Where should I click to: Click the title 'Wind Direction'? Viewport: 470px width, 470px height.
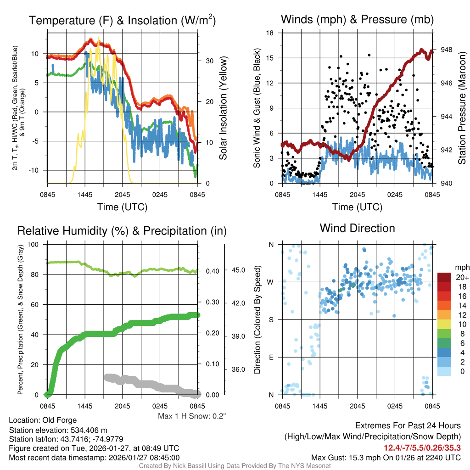tap(357, 228)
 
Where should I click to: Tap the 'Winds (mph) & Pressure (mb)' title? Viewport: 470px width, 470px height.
tap(357, 19)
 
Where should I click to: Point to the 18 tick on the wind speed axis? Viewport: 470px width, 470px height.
tap(271, 33)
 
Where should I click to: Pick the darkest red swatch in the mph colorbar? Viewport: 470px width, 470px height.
tap(445, 277)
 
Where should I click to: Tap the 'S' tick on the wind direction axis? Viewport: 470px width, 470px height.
tap(271, 319)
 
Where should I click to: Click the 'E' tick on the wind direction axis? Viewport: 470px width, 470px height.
tap(271, 357)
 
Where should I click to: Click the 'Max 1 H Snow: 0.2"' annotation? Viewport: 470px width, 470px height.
tap(192, 416)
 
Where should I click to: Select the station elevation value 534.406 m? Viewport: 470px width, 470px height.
tap(90, 430)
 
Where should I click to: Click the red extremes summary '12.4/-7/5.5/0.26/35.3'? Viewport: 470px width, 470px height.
tap(422, 447)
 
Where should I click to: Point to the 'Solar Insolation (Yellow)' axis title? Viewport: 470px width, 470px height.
tap(223, 108)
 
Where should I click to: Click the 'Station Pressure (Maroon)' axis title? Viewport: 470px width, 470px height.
tap(462, 108)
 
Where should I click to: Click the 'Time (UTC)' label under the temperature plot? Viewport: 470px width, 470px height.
tap(122, 207)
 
